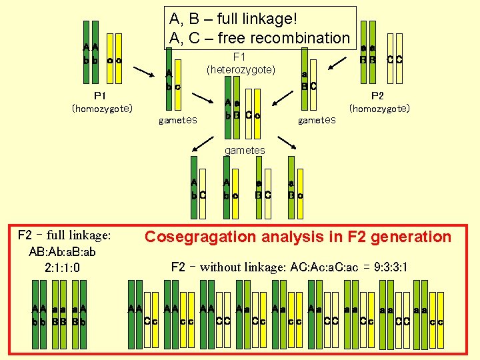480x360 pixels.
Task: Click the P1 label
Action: (102, 95)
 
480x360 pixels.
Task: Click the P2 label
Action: (377, 95)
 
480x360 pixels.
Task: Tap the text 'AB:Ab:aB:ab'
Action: (63, 252)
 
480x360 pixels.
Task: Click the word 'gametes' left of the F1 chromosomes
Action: (178, 121)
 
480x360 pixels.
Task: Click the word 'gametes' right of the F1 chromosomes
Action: (318, 121)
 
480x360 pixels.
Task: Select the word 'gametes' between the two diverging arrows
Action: (245, 151)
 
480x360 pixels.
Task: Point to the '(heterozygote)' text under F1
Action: (241, 69)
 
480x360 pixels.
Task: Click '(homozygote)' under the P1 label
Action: (102, 108)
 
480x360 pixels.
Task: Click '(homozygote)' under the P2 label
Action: (379, 108)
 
